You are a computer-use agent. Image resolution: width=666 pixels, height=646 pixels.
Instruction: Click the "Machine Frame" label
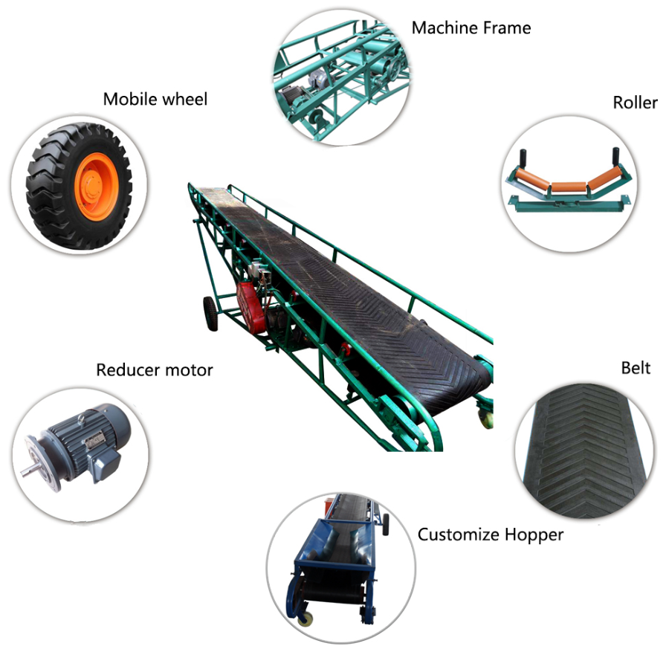471,28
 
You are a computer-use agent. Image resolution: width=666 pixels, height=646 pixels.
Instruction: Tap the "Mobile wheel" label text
155,100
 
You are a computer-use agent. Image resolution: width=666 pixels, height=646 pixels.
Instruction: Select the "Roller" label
635,103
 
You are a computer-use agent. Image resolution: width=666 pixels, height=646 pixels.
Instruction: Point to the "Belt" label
636,368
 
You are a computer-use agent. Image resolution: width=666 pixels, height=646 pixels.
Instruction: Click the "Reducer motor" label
154,370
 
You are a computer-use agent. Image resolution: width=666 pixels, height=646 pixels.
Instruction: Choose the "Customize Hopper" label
491,534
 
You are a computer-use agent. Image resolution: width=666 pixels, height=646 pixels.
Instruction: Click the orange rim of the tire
96,187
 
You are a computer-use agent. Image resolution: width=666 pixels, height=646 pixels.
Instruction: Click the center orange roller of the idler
569,187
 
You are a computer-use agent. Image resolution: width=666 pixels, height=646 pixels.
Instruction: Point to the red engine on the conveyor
251,306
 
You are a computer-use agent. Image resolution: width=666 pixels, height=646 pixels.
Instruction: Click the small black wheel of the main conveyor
210,314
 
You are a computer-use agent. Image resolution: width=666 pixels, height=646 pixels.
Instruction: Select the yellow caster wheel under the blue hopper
305,618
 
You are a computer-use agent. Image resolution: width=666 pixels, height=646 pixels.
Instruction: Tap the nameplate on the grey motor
94,440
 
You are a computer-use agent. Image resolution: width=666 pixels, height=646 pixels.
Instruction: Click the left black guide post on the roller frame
523,159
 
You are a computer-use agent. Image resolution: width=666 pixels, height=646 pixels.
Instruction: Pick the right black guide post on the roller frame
615,158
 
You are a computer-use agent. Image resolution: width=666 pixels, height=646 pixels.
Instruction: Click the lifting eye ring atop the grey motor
81,419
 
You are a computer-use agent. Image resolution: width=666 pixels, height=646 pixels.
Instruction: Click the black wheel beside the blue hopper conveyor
385,525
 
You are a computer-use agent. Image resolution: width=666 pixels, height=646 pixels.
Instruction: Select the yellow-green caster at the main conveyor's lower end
486,417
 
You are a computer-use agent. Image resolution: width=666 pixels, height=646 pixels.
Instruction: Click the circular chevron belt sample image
584,450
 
